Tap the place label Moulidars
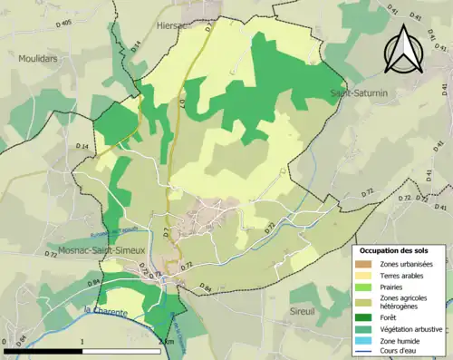37,58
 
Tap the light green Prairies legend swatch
367,286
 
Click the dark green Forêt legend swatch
367,318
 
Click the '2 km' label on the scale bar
166,342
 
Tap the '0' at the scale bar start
5,342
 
